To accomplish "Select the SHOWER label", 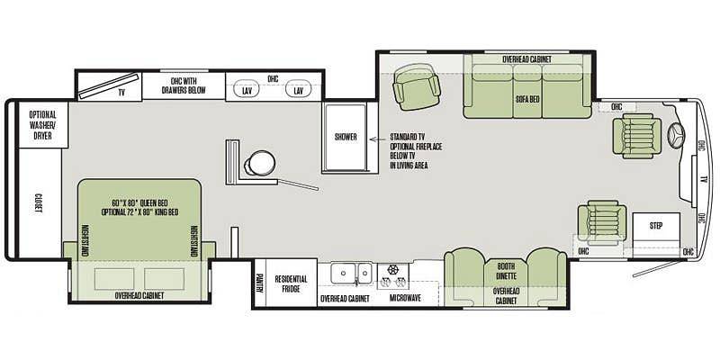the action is pyautogui.click(x=346, y=137).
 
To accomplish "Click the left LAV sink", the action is pyautogui.click(x=247, y=91).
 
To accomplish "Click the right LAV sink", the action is pyautogui.click(x=299, y=91).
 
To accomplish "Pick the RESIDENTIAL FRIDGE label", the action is pyautogui.click(x=291, y=283).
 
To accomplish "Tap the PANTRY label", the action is pyautogui.click(x=260, y=283).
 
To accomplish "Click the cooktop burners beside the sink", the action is pyautogui.click(x=393, y=276).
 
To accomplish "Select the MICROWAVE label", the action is pyautogui.click(x=406, y=299).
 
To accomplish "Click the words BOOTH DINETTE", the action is pyautogui.click(x=506, y=271).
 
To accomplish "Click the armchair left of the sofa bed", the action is pyautogui.click(x=417, y=86).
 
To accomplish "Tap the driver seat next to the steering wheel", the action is pyautogui.click(x=637, y=136).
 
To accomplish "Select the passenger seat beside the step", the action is pyautogui.click(x=602, y=221).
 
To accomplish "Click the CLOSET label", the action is pyautogui.click(x=39, y=203).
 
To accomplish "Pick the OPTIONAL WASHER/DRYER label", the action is pyautogui.click(x=42, y=125).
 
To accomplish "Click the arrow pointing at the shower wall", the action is pyautogui.click(x=379, y=139).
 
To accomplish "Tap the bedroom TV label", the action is pyautogui.click(x=121, y=93).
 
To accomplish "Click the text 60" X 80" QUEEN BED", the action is pyautogui.click(x=139, y=203).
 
